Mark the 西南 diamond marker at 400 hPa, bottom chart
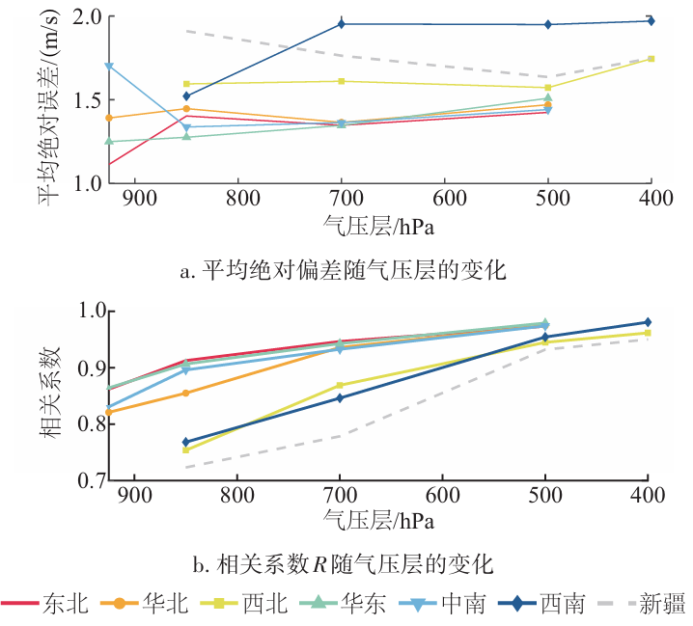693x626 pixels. pyautogui.click(x=648, y=322)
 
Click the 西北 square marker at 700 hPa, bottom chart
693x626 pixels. pyautogui.click(x=340, y=386)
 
